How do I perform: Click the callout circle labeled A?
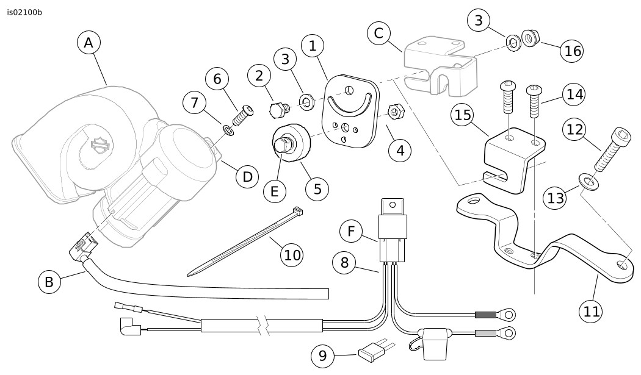point(89,43)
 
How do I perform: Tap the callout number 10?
point(293,254)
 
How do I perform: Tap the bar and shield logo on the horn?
point(100,145)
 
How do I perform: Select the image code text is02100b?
point(25,12)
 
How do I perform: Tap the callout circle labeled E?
point(275,191)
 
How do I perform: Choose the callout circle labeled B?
point(49,282)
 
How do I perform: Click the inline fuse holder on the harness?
point(434,339)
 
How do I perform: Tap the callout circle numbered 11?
point(590,311)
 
